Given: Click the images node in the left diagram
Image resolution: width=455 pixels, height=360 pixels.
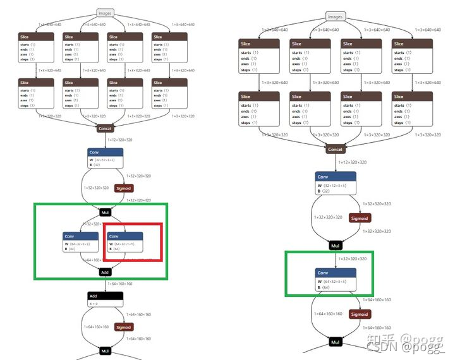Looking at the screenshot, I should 105,12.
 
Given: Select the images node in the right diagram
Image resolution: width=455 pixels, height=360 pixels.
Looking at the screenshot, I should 335,16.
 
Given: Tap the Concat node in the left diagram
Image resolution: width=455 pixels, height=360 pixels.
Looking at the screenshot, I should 105,128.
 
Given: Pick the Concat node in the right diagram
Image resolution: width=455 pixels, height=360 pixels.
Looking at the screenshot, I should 335,150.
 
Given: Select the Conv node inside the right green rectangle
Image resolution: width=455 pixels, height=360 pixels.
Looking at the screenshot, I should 336,280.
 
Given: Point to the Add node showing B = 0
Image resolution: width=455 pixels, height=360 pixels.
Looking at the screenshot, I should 105,299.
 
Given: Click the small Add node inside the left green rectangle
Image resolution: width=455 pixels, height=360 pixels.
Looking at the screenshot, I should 105,272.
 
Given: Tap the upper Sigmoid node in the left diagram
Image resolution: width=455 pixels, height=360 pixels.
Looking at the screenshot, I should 123,188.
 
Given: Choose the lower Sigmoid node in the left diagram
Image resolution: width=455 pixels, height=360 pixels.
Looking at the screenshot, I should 123,327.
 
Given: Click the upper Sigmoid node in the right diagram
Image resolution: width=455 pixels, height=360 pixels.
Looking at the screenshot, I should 359,218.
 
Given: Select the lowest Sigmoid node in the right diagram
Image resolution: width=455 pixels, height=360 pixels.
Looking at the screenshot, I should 359,314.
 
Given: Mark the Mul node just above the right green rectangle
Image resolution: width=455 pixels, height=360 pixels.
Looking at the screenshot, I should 336,245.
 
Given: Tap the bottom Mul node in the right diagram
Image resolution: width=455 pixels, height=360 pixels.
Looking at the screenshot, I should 336,342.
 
